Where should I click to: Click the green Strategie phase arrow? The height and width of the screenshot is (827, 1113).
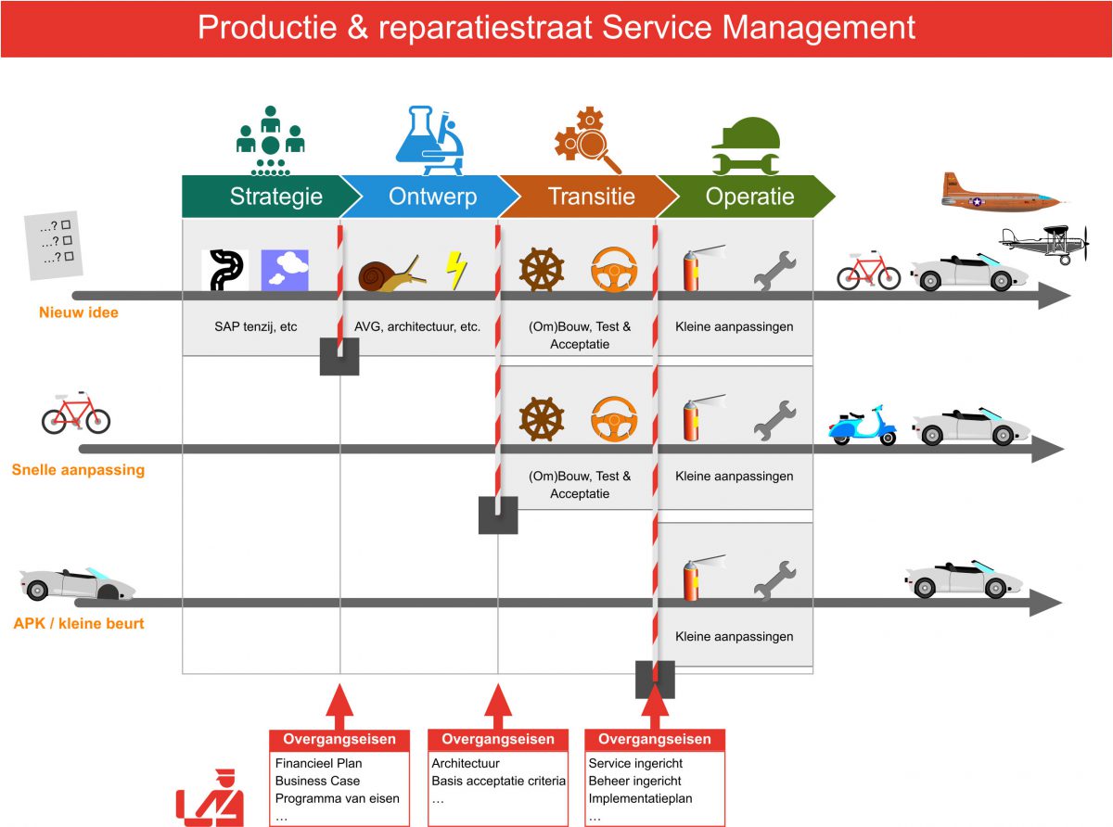(x=269, y=197)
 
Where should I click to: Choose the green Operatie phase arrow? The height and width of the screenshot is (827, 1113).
(x=747, y=197)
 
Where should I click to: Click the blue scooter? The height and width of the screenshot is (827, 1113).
(x=863, y=426)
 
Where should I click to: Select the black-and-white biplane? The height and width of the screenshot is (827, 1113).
(x=1043, y=243)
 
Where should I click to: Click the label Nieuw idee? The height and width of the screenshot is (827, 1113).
(x=79, y=312)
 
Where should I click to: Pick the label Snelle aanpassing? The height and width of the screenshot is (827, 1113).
(x=78, y=469)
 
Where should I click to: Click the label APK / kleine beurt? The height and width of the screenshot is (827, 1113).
(x=79, y=623)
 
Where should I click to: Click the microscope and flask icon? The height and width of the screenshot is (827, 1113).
(x=429, y=141)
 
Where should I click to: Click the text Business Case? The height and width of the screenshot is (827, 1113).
(x=317, y=781)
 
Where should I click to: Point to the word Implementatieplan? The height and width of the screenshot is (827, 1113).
(x=640, y=798)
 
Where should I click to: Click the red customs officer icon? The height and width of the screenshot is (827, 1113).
(x=211, y=797)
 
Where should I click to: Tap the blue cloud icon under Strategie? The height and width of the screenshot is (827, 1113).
(x=286, y=270)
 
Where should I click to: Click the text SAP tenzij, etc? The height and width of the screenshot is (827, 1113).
(x=262, y=326)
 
